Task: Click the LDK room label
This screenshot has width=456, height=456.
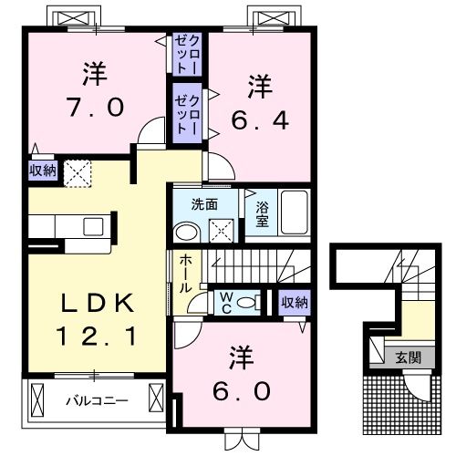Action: click(x=98, y=303)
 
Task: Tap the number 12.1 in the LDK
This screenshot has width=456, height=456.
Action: click(x=97, y=336)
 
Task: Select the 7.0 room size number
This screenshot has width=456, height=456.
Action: click(x=96, y=107)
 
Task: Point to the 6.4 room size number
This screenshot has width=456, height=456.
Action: click(x=260, y=120)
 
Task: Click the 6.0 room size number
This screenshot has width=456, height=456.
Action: click(x=242, y=390)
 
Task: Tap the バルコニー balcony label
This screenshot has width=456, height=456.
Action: click(x=98, y=400)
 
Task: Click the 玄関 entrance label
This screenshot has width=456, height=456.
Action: click(x=409, y=358)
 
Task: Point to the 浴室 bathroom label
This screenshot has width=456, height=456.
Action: click(x=262, y=214)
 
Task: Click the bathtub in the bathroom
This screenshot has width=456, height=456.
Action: click(x=295, y=212)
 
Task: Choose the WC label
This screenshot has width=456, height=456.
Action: click(x=226, y=303)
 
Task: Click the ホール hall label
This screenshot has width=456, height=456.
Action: click(x=185, y=274)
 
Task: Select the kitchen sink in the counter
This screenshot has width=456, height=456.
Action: click(x=93, y=227)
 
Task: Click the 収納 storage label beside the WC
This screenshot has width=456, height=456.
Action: click(x=295, y=303)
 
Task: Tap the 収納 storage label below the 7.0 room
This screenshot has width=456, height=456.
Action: click(x=43, y=171)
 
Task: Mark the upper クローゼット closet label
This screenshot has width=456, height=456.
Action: click(x=187, y=55)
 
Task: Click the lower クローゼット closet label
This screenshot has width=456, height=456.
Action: click(x=187, y=114)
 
